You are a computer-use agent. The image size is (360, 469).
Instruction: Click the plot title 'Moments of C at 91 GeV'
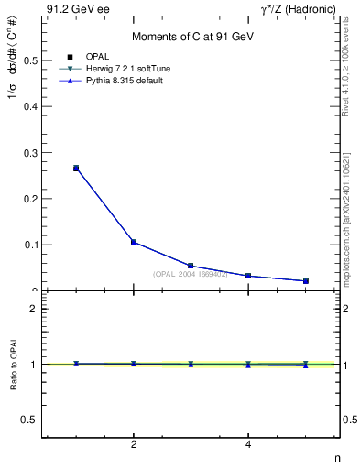(191, 37)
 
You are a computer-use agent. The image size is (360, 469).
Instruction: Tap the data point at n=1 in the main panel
(76, 169)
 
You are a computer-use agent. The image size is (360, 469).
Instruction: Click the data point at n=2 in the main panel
(134, 242)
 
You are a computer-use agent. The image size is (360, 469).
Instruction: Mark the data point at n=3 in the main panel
(191, 266)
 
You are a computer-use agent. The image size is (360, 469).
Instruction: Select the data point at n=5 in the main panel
(305, 281)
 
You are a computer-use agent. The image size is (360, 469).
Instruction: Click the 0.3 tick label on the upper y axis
(29, 153)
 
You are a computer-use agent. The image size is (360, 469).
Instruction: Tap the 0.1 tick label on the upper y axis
(29, 245)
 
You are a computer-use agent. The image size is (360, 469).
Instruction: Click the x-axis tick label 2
(134, 445)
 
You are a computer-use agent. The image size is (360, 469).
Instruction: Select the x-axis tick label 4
(248, 445)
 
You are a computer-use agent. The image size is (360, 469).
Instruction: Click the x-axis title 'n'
(336, 457)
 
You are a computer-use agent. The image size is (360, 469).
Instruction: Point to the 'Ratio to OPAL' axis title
(12, 365)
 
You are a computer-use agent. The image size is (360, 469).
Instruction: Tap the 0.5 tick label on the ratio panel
(29, 420)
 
